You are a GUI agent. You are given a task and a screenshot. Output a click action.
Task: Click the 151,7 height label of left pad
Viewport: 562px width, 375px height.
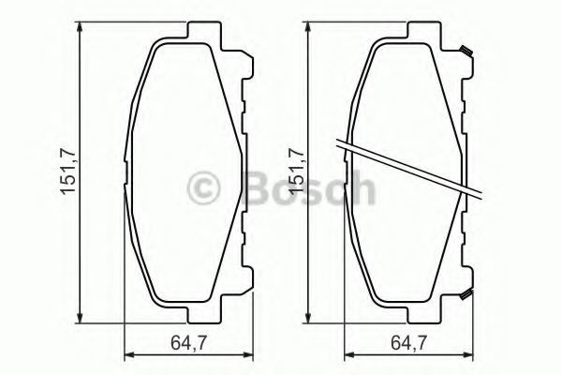67,172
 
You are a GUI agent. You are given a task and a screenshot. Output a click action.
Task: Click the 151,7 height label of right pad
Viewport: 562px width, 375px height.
297,172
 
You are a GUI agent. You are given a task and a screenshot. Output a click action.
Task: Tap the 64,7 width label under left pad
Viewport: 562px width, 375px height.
188,343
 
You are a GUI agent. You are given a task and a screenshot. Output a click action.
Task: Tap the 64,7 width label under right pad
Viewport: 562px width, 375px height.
408,343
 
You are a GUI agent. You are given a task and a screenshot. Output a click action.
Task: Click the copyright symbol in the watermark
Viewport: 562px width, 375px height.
203,188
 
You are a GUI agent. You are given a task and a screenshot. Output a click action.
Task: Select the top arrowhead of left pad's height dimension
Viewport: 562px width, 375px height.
80,28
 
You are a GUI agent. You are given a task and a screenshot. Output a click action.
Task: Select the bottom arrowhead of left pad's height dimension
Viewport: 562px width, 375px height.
80,317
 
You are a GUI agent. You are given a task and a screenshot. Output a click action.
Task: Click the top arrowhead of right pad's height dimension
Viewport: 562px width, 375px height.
307,28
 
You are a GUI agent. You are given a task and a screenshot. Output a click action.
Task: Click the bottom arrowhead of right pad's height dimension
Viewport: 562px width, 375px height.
307,317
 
